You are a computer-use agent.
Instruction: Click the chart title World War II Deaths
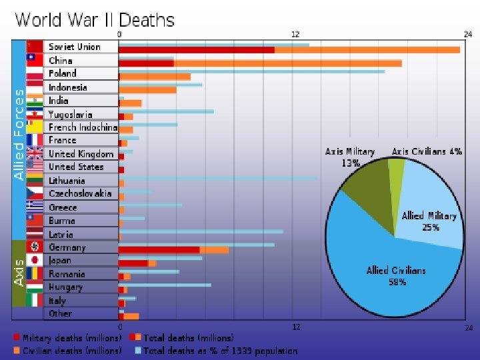(94, 20)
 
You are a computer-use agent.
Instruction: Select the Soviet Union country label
(75, 47)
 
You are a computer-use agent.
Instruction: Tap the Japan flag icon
(35, 260)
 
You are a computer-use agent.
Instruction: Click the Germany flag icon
(35, 247)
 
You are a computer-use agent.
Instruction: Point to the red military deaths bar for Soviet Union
(196, 50)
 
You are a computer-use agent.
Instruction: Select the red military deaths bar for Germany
(159, 250)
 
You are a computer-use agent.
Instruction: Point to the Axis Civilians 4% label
(427, 151)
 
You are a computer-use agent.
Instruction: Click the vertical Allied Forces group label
(19, 133)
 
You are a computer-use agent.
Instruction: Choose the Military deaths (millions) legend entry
(67, 338)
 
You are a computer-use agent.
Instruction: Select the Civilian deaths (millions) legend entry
(67, 350)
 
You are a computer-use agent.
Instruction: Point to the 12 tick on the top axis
(295, 34)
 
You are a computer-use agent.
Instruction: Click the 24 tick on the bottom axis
(469, 327)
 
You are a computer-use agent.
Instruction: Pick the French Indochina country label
(83, 127)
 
